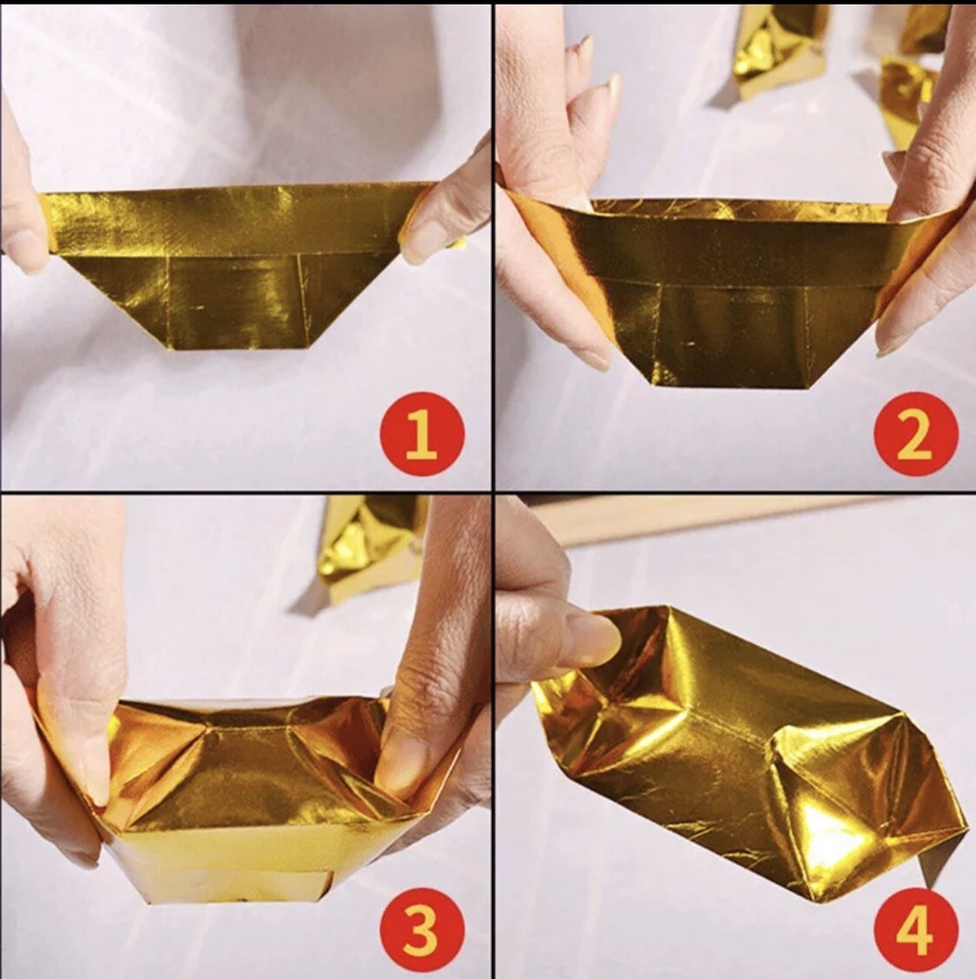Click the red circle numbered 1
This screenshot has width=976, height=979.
coord(421,435)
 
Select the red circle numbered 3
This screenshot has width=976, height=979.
coord(421,928)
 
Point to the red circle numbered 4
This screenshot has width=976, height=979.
coord(915,928)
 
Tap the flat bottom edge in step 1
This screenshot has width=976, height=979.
coord(240,350)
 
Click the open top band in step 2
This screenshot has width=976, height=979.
coord(737,244)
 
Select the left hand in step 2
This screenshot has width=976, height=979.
coord(557,206)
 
